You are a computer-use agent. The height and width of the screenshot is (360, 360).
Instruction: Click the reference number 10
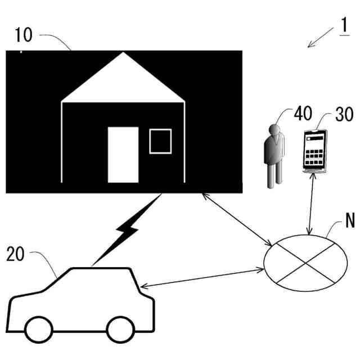(24, 35)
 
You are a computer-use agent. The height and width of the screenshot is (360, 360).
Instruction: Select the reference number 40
(303, 114)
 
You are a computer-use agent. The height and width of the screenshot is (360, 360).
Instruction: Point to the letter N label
(350, 220)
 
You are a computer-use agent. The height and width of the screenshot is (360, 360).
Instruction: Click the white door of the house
(123, 155)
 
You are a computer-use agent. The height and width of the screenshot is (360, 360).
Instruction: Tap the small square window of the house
(160, 141)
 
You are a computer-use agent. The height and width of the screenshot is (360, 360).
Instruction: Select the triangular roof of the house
(123, 79)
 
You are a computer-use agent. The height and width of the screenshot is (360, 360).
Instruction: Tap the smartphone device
(314, 149)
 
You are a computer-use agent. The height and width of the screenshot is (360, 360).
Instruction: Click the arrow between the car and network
(203, 280)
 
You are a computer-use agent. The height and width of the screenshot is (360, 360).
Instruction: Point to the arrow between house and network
(236, 219)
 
